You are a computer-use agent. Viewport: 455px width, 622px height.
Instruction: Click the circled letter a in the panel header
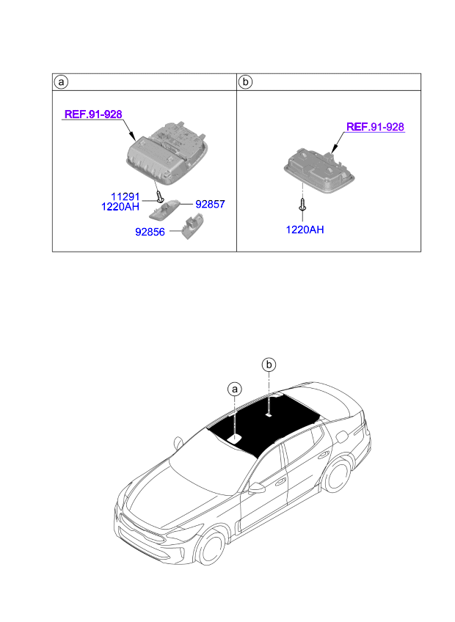[x=62, y=81]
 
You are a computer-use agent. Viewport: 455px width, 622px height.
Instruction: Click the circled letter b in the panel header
[x=246, y=81]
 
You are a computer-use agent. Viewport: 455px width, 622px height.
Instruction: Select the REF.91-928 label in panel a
[x=93, y=114]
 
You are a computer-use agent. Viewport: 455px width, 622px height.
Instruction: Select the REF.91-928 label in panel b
[x=375, y=127]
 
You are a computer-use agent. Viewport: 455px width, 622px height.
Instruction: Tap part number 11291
[x=125, y=197]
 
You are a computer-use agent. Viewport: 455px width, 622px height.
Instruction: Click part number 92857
[x=209, y=205]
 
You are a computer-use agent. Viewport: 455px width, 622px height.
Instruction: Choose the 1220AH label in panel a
[x=120, y=207]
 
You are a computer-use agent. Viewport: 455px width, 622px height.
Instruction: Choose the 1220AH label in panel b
[x=305, y=230]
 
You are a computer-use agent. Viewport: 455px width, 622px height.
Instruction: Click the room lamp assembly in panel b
[x=321, y=169]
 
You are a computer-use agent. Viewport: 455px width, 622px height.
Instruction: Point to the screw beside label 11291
[x=159, y=196]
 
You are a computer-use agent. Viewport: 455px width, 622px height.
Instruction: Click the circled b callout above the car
[x=269, y=364]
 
